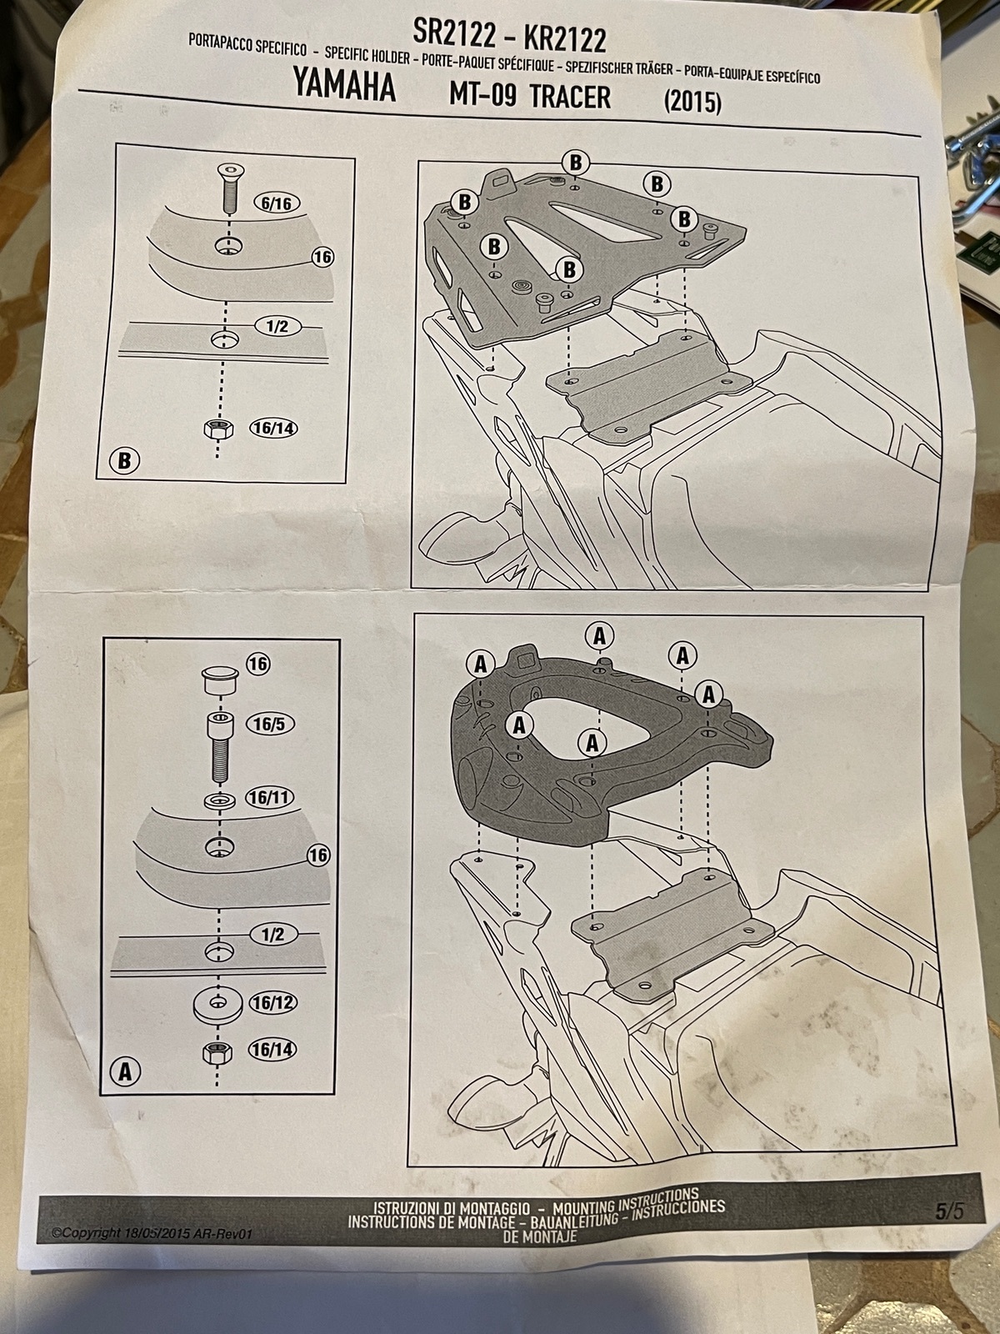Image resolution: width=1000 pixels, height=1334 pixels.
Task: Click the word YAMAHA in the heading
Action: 344,85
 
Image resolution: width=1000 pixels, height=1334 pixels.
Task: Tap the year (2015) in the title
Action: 692,102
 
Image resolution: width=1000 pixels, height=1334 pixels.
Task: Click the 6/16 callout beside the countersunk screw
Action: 277,203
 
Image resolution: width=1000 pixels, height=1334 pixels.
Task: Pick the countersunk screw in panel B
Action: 229,188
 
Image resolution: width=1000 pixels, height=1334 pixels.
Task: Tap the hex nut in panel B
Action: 218,429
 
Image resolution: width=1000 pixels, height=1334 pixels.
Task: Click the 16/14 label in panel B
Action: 273,429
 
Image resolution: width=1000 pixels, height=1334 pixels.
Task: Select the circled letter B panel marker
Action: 124,460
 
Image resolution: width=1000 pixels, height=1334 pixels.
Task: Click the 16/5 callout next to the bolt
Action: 269,724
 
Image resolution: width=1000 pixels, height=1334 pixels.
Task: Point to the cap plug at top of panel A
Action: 219,681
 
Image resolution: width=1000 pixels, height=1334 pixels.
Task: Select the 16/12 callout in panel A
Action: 272,1002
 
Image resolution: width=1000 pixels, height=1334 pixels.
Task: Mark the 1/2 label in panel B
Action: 277,326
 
